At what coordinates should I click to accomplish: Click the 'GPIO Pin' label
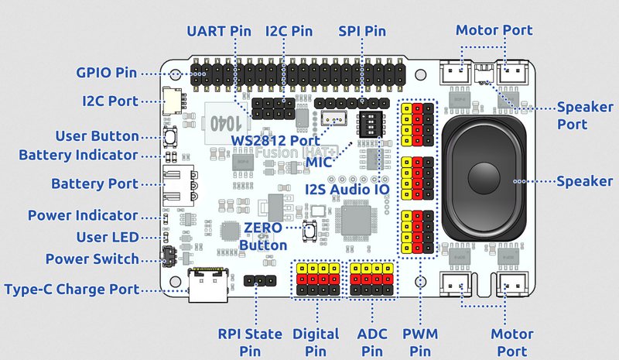[107, 73]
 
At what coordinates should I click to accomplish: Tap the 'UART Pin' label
[219, 31]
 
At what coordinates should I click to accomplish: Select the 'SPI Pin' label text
[361, 31]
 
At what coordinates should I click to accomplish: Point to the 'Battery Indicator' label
[78, 155]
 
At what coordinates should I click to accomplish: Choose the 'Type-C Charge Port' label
[71, 289]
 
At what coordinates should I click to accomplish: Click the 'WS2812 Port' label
[275, 140]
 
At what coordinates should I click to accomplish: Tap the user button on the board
[171, 136]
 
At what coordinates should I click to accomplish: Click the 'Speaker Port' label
[582, 115]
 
